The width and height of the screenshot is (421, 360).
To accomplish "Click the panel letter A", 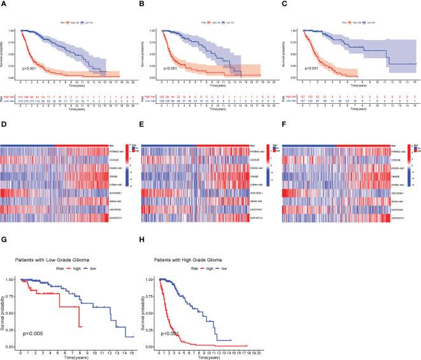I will [x=4, y=4].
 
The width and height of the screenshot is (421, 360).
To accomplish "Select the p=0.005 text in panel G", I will [x=31, y=334].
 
